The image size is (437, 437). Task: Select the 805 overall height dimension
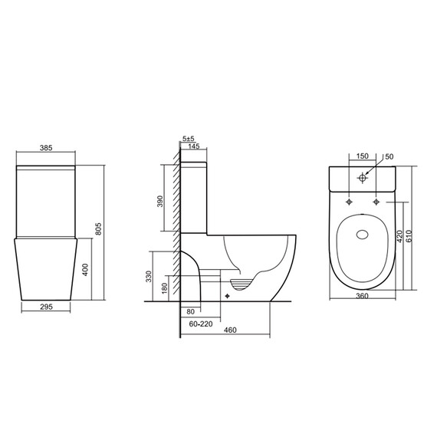tap(110, 228)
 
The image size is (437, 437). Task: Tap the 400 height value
tap(87, 269)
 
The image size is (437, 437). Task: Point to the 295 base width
tap(47, 307)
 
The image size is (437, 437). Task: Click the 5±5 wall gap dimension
tap(189, 139)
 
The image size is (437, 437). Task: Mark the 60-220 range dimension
tap(200, 324)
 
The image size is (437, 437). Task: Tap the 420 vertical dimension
tap(399, 237)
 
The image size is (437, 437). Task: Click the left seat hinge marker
tap(350, 202)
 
